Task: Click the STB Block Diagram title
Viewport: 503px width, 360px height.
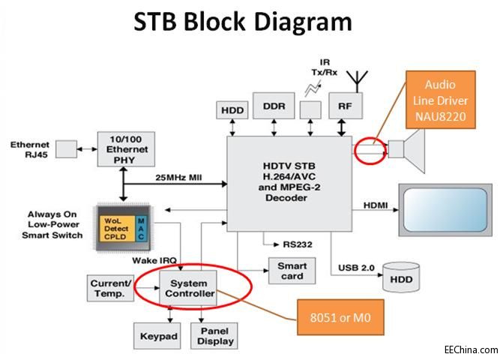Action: coord(243,22)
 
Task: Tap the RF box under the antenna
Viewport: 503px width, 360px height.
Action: coord(345,106)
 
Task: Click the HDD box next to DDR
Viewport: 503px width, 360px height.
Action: coord(232,110)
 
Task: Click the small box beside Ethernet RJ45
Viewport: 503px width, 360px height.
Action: coord(67,149)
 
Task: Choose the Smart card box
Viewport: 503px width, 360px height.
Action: coord(292,271)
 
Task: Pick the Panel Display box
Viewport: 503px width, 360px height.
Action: coord(215,336)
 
